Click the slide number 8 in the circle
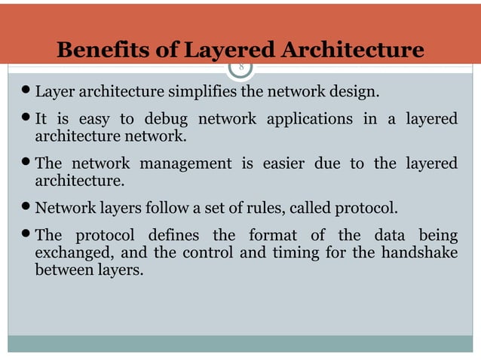pos(241,67)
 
